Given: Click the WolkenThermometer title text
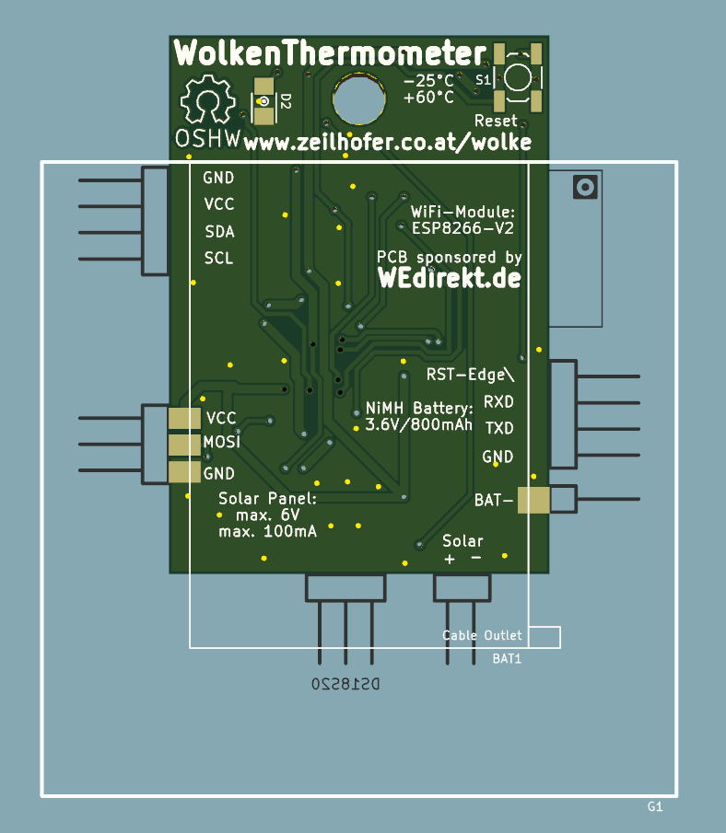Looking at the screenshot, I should [329, 53].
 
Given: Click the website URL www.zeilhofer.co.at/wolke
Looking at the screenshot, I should [388, 143].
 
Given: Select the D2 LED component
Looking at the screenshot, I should [265, 102].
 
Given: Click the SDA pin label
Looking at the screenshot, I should [218, 231].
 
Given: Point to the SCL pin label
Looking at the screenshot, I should [218, 258].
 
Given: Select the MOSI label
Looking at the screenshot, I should [221, 443].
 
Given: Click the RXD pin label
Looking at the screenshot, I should [498, 402].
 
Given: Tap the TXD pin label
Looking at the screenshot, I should [498, 429].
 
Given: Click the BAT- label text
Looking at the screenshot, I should [493, 501].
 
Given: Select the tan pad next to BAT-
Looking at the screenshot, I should [533, 500].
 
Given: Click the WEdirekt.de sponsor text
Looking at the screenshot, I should [450, 278].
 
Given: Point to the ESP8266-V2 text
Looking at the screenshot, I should [463, 227].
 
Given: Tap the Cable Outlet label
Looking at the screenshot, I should [482, 635].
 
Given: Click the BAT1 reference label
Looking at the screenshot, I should [507, 659].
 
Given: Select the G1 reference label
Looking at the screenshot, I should [655, 807].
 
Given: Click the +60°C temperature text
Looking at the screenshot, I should [428, 98].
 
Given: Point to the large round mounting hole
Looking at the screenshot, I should [358, 98].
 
